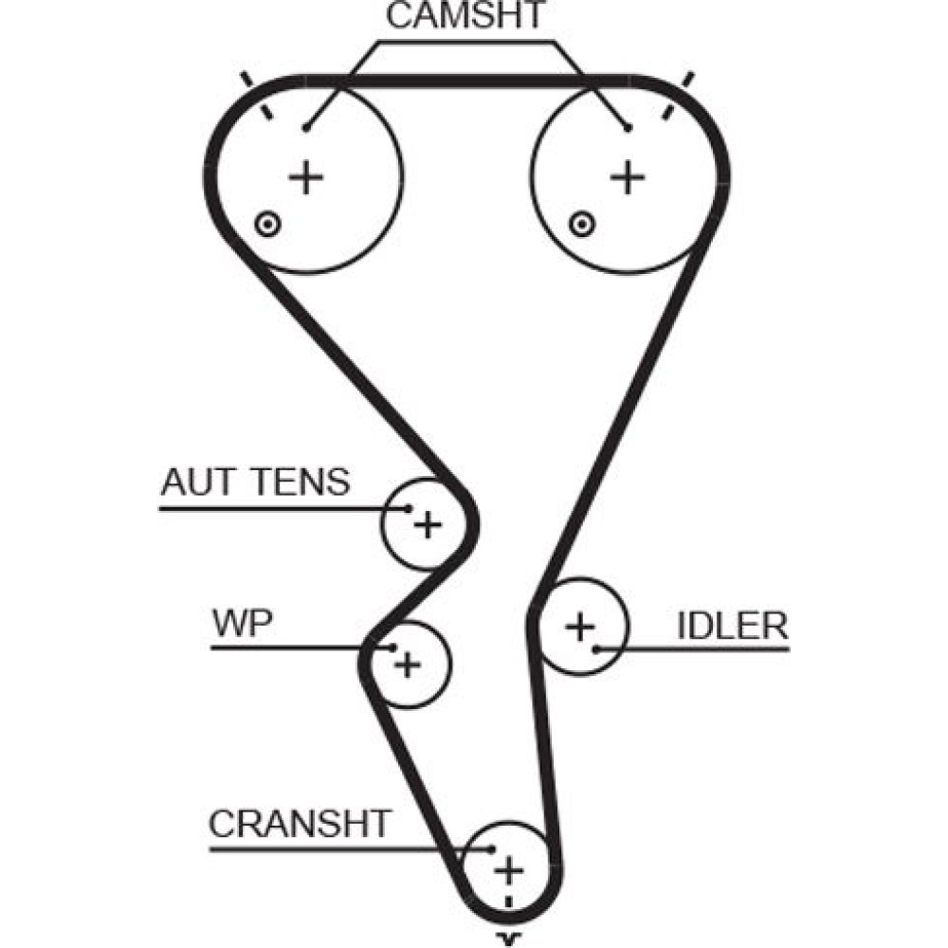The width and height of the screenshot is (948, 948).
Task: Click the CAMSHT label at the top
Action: [x=466, y=16]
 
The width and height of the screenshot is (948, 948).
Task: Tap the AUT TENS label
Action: [x=255, y=483]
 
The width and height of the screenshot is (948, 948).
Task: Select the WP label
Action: [x=243, y=624]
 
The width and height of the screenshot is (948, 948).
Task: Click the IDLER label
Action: [x=732, y=626]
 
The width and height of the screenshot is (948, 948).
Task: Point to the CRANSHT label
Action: [x=300, y=824]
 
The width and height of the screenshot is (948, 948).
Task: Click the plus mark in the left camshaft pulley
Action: [x=305, y=176]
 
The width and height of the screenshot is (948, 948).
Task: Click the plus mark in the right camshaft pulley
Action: [x=626, y=176]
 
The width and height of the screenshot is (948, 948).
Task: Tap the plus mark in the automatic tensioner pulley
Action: [x=428, y=523]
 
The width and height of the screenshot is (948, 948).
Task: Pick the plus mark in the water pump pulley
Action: [x=408, y=664]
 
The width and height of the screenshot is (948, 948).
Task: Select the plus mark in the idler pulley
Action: [x=579, y=626]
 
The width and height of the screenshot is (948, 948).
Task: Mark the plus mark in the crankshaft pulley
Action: [x=509, y=868]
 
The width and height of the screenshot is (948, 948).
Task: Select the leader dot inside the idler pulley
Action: [x=596, y=649]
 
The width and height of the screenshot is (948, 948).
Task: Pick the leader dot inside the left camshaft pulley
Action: [x=305, y=127]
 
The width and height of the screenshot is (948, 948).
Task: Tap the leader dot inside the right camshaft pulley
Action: [x=627, y=127]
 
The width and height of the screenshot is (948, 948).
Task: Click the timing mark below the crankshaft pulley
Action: [x=511, y=939]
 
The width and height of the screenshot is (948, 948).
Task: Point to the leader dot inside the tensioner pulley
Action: [x=410, y=508]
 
